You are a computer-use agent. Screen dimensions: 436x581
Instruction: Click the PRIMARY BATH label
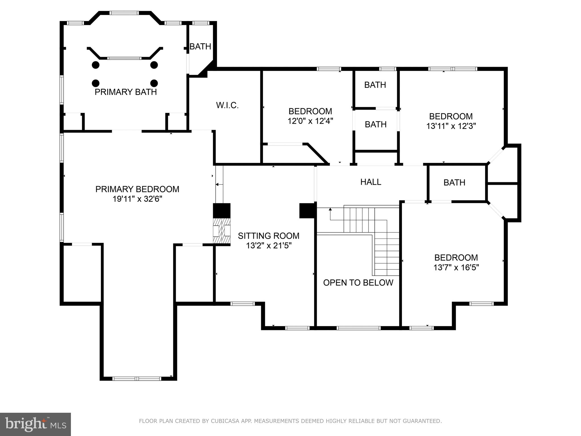(126, 92)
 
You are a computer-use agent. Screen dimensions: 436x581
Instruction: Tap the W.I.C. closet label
(227, 105)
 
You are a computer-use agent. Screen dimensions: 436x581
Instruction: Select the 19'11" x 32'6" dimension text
(137, 199)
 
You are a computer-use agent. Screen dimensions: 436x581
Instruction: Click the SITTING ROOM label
(268, 236)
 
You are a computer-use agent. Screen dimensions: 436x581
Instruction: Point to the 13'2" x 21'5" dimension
(269, 246)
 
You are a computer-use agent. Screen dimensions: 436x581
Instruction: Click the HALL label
(371, 182)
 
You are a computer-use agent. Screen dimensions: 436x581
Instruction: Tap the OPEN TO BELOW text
(358, 282)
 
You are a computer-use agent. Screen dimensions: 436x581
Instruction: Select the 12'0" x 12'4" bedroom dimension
(310, 121)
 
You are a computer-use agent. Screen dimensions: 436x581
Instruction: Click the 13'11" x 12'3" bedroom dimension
(451, 126)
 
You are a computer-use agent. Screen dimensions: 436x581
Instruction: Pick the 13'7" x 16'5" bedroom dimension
(456, 267)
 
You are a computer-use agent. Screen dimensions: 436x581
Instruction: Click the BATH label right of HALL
(454, 183)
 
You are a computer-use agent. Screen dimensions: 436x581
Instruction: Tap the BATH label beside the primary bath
(200, 47)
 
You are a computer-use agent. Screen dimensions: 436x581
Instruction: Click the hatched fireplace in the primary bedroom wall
(222, 231)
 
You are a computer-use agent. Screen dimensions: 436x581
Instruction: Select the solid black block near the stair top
(308, 211)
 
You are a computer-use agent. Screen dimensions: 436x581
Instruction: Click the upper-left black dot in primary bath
(96, 65)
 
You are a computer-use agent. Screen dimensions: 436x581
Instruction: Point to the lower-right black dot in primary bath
(154, 83)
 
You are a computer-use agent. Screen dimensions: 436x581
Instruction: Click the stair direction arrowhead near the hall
(330, 209)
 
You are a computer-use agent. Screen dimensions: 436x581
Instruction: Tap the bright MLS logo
(35, 424)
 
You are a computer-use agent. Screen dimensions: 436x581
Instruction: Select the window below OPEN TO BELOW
(358, 328)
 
